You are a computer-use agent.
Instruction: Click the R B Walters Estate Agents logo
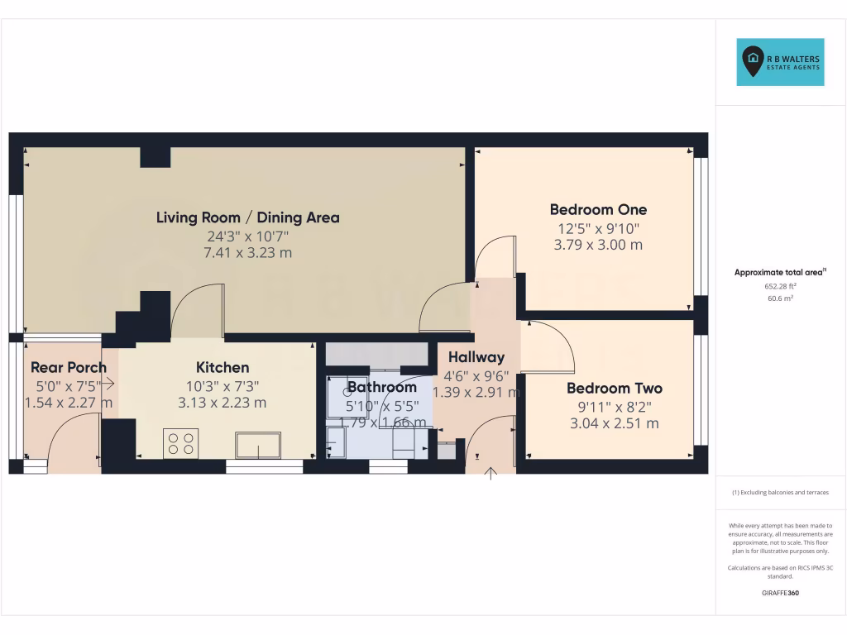tap(780, 62)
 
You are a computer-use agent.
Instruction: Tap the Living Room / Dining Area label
tap(248, 217)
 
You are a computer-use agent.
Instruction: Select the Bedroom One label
tap(598, 209)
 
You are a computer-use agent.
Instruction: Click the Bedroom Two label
tap(615, 388)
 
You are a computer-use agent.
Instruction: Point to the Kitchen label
tap(223, 367)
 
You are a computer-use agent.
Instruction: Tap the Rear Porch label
tap(69, 367)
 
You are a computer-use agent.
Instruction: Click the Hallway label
tap(476, 357)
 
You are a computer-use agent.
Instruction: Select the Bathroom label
tap(381, 387)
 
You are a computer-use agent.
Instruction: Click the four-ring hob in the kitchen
tap(181, 443)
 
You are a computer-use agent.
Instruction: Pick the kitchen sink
tap(257, 445)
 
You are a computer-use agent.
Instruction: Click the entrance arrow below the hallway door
tap(490, 474)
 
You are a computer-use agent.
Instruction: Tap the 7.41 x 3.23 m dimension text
tap(248, 253)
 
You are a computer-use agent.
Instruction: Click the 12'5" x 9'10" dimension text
tap(598, 227)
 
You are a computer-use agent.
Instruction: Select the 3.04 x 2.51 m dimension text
tap(615, 423)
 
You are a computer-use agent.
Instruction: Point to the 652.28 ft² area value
tap(781, 285)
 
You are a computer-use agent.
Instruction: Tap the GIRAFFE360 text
tap(781, 593)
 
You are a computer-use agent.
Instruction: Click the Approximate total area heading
tap(780, 272)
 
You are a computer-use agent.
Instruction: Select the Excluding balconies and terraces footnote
tap(780, 493)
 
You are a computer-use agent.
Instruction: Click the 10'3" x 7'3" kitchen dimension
tap(223, 385)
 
